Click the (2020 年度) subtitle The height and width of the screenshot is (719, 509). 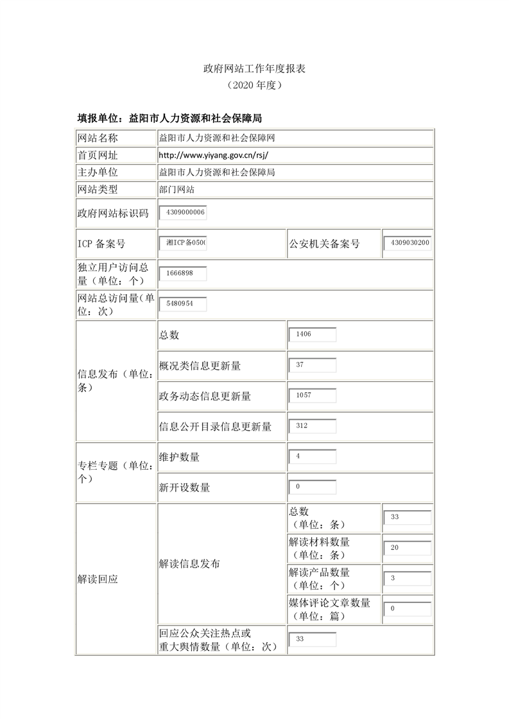[x=254, y=85]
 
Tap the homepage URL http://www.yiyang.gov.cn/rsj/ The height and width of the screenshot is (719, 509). [x=212, y=155]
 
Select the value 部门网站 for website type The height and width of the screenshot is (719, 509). [x=177, y=190]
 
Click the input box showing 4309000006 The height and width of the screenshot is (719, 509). [x=183, y=213]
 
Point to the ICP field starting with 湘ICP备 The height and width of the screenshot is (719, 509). [x=183, y=244]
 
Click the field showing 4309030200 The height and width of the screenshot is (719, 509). [x=408, y=244]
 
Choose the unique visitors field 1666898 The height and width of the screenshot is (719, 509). [x=183, y=274]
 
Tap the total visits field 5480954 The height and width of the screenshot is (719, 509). [x=183, y=304]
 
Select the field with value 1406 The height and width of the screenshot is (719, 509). [x=313, y=335]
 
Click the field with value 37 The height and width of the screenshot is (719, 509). [x=313, y=365]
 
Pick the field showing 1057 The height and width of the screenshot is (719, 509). [x=313, y=395]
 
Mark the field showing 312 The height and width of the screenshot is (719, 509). [x=313, y=426]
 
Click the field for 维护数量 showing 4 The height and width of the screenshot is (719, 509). [x=313, y=457]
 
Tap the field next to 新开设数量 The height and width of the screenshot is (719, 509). [x=313, y=487]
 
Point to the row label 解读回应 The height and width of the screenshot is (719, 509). [x=98, y=579]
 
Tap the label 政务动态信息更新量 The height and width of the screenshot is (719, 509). [x=205, y=396]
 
